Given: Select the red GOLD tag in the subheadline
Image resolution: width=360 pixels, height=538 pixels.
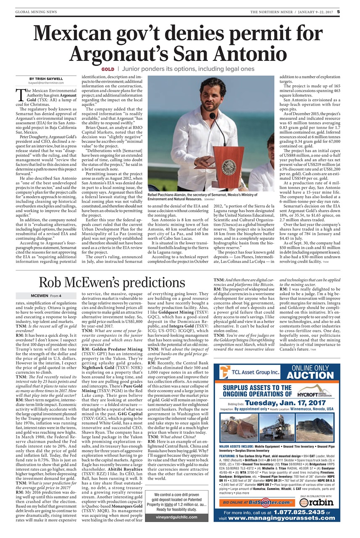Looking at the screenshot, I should [x=108, y=68].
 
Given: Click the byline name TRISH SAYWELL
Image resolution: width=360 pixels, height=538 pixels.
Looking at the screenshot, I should [x=46, y=79].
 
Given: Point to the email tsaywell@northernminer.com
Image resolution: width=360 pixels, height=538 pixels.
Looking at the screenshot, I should [x=46, y=83].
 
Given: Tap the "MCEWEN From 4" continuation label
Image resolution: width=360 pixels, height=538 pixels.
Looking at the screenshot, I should [x=46, y=296].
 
